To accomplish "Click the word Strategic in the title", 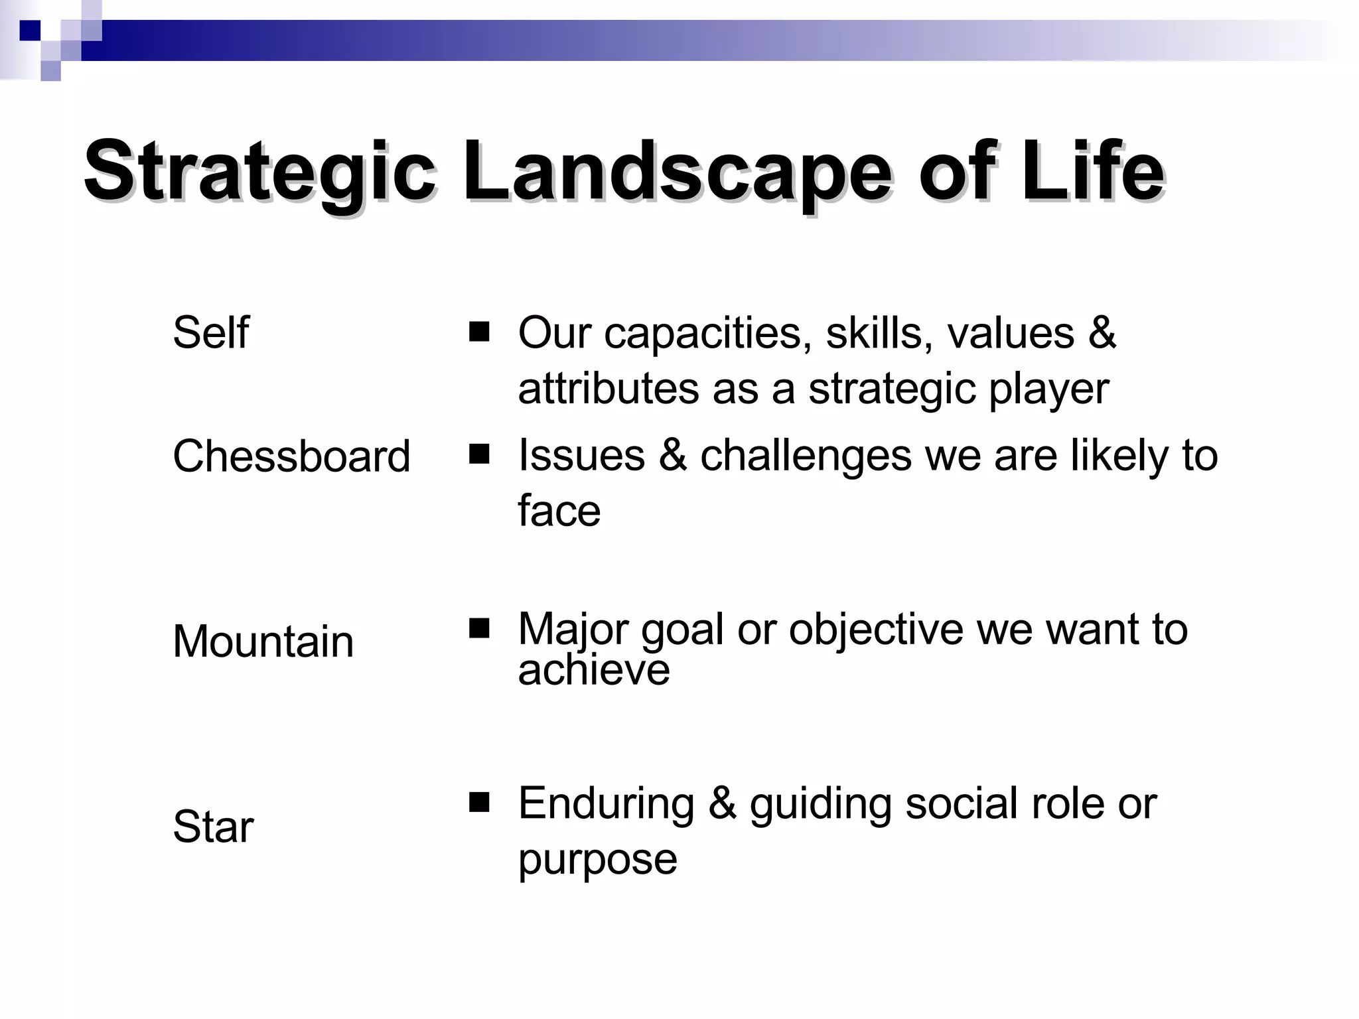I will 259,171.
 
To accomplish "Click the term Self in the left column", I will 210,332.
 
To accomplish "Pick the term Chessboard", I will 291,456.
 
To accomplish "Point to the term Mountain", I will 263,642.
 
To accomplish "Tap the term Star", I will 213,827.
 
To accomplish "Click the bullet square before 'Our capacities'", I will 478,331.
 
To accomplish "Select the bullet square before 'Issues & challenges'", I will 478,454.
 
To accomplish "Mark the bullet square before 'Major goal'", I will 478,628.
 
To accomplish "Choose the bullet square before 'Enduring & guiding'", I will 478,802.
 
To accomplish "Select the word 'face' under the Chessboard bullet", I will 559,511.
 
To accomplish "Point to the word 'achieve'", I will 593,670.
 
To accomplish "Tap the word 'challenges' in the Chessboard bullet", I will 806,456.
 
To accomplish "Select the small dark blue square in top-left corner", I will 30,31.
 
